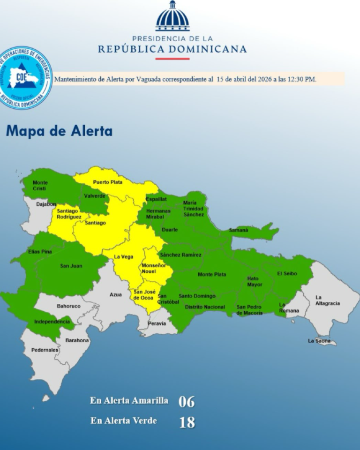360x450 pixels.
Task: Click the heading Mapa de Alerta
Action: coord(59,131)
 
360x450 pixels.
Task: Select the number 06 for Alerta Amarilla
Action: coord(186,402)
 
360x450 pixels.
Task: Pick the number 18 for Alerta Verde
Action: coord(187,422)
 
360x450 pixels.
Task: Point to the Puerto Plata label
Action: coord(107,182)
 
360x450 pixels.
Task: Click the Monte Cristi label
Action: coord(40,185)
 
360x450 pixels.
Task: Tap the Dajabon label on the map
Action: coord(46,204)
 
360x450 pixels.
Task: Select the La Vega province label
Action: coord(124,256)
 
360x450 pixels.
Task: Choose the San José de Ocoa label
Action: coord(143,294)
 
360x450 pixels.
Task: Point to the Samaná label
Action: coord(238,230)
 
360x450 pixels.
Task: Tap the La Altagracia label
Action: coord(328,300)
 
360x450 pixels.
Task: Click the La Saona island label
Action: coord(319,341)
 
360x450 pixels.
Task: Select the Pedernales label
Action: coord(45,350)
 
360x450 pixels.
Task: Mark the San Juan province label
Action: coord(71,266)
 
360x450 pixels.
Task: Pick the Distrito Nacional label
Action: coord(205,307)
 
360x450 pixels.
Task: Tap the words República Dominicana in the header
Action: coord(172,49)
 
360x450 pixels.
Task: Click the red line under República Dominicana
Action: coord(172,59)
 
